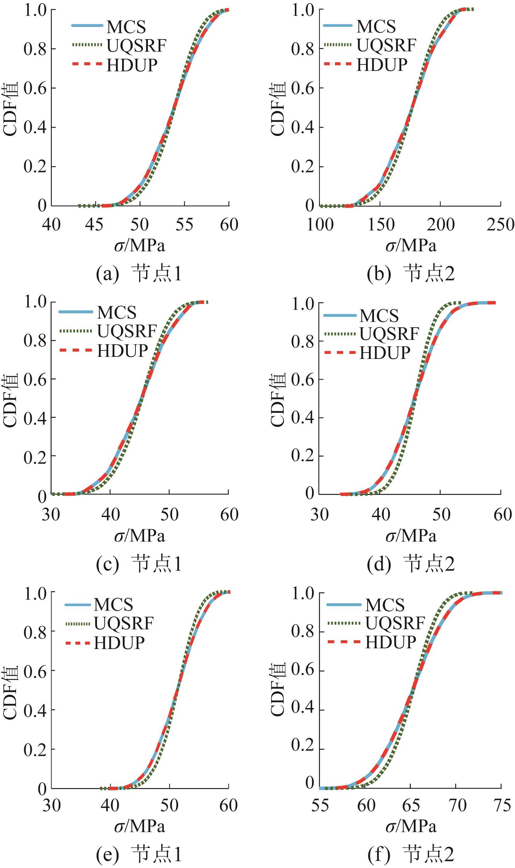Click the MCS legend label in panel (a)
pos(126,27)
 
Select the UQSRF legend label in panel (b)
pos(386,45)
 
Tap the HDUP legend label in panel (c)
pos(123,351)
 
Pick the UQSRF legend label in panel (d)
pos(389,334)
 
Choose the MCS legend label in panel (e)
pos(113,605)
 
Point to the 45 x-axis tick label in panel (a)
pos(94,225)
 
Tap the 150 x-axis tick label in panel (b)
pos(381,225)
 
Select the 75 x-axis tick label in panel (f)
pos(502,805)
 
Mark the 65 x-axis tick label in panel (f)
pos(411,805)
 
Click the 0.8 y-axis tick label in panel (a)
pos(35,49)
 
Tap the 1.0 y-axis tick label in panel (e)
pos(35,593)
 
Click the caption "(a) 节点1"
pos(139,274)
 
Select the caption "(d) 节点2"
pos(411,564)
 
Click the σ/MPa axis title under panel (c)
pos(140,536)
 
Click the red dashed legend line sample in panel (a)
pos(87,64)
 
